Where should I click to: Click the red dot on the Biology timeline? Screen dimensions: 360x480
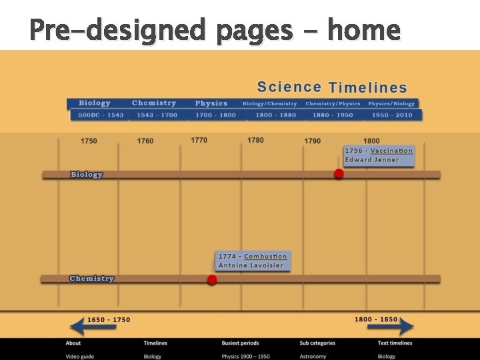[339, 174]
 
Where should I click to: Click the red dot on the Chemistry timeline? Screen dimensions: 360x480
[212, 279]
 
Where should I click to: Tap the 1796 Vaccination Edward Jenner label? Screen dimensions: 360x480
[379, 155]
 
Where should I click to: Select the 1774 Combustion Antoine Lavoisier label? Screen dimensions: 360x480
[253, 261]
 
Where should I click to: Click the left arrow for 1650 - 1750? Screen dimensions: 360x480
[86, 326]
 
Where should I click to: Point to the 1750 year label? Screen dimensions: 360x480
[89, 141]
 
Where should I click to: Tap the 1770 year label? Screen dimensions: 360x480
[199, 141]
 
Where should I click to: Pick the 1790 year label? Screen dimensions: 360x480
[313, 141]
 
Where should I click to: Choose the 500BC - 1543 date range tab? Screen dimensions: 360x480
[101, 115]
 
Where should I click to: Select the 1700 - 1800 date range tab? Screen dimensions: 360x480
[215, 115]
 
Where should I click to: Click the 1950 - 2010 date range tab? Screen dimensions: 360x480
[392, 115]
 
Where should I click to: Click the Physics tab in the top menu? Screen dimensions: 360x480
[211, 103]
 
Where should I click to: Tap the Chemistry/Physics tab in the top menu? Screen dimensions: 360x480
[333, 103]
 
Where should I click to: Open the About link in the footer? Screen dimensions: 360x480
[73, 343]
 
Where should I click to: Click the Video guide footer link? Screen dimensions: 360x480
[79, 356]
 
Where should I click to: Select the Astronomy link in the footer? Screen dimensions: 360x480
[313, 356]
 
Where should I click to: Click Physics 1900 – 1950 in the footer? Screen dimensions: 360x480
[245, 356]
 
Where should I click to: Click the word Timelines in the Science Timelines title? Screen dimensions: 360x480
[368, 87]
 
